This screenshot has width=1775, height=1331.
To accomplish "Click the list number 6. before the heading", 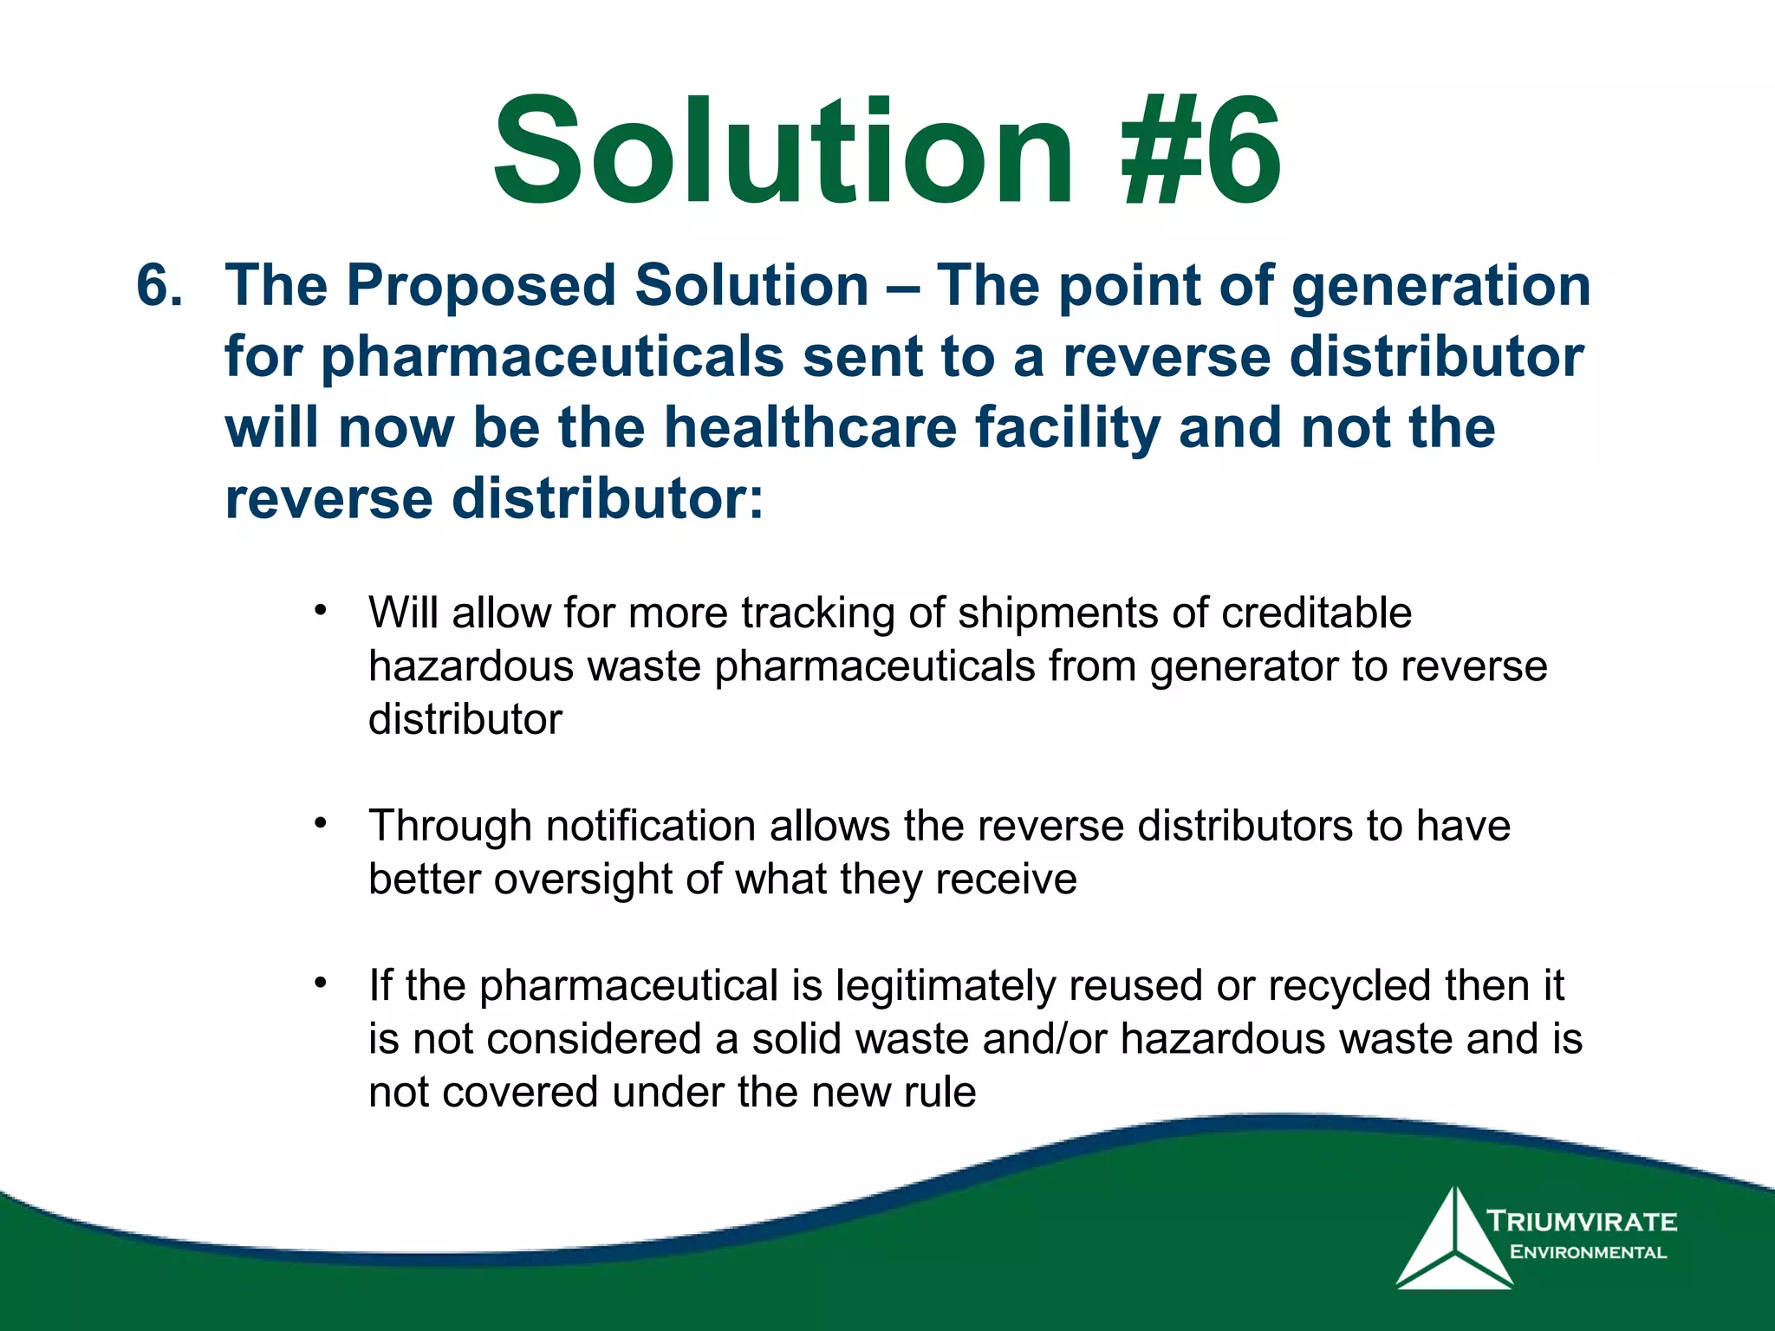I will click(x=160, y=286).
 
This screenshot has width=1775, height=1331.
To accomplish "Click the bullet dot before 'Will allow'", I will click(x=321, y=610).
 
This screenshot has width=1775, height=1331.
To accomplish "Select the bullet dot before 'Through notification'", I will click(x=321, y=822).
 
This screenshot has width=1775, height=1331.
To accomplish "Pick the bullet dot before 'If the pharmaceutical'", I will click(x=321, y=983).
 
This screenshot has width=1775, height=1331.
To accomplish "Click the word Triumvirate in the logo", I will click(x=1583, y=1222).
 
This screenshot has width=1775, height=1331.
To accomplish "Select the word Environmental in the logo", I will click(x=1588, y=1252).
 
